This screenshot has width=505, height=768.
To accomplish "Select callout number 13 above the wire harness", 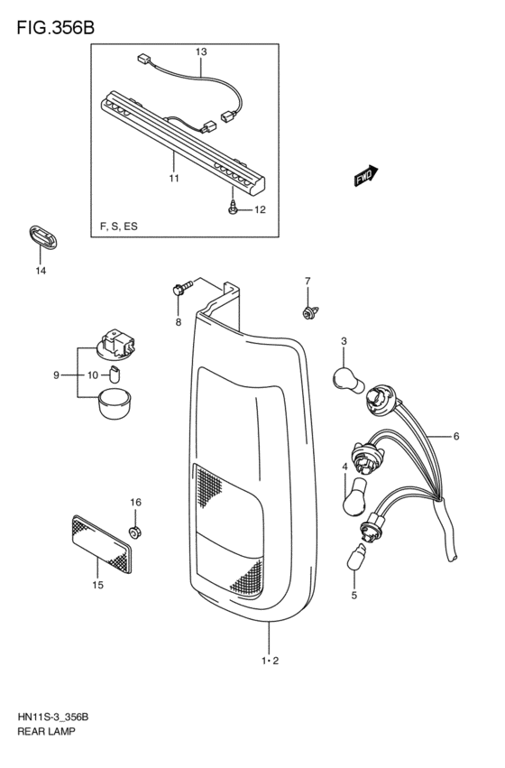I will point(201,53).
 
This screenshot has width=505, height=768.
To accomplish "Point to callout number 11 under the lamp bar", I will point(173,178).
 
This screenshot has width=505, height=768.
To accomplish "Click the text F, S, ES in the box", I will point(119,225).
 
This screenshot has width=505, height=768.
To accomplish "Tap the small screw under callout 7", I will point(307,312).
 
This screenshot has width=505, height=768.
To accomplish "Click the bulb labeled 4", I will point(352,495).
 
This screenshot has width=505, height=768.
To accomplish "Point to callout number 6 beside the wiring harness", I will point(455,437).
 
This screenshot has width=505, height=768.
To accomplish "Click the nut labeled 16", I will point(135,532).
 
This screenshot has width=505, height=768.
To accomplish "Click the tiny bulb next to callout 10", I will point(115,374).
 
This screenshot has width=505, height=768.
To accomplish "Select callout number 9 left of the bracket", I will point(56,375).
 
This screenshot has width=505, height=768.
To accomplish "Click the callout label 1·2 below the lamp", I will point(270,662).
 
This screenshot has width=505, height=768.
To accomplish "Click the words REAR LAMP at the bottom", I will point(44,732).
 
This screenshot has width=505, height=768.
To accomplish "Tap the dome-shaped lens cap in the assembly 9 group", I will point(114,403).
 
